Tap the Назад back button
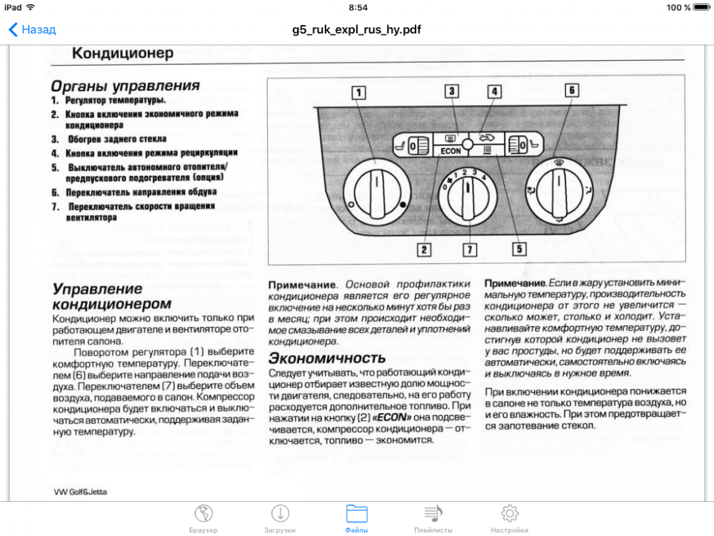tap(32, 30)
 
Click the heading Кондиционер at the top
tap(123, 54)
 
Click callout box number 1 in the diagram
tap(358, 92)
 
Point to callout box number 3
tap(451, 91)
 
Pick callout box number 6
tap(571, 91)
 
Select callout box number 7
tap(469, 249)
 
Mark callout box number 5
tap(518, 249)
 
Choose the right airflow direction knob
tap(560, 191)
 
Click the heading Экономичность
tap(327, 357)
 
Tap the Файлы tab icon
tap(356, 514)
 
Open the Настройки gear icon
tap(509, 514)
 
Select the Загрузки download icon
tap(280, 514)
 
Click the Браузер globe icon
tap(203, 514)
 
